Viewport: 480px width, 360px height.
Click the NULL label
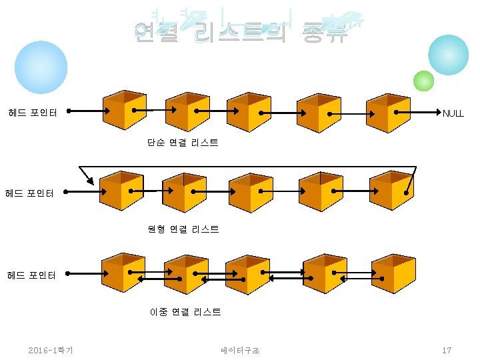(x=453, y=113)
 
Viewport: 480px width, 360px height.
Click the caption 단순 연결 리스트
(x=183, y=143)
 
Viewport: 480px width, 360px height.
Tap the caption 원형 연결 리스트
(x=183, y=229)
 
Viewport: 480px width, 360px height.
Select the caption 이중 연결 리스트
(x=185, y=311)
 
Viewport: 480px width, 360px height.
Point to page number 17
(x=447, y=350)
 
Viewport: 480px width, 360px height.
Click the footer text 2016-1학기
(x=51, y=350)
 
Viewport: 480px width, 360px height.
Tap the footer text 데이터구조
(x=240, y=350)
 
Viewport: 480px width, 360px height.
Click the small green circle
(x=423, y=81)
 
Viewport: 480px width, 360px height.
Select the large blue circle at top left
(x=41, y=67)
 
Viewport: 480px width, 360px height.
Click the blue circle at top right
(x=448, y=55)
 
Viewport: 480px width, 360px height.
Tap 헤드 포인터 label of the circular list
(x=29, y=193)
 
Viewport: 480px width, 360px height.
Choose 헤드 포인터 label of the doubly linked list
(x=31, y=275)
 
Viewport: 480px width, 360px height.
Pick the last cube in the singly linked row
(x=388, y=111)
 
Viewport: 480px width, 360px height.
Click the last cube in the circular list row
(x=391, y=191)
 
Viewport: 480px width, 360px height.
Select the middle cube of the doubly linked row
(x=247, y=274)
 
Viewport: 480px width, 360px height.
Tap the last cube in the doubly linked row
(x=393, y=274)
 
